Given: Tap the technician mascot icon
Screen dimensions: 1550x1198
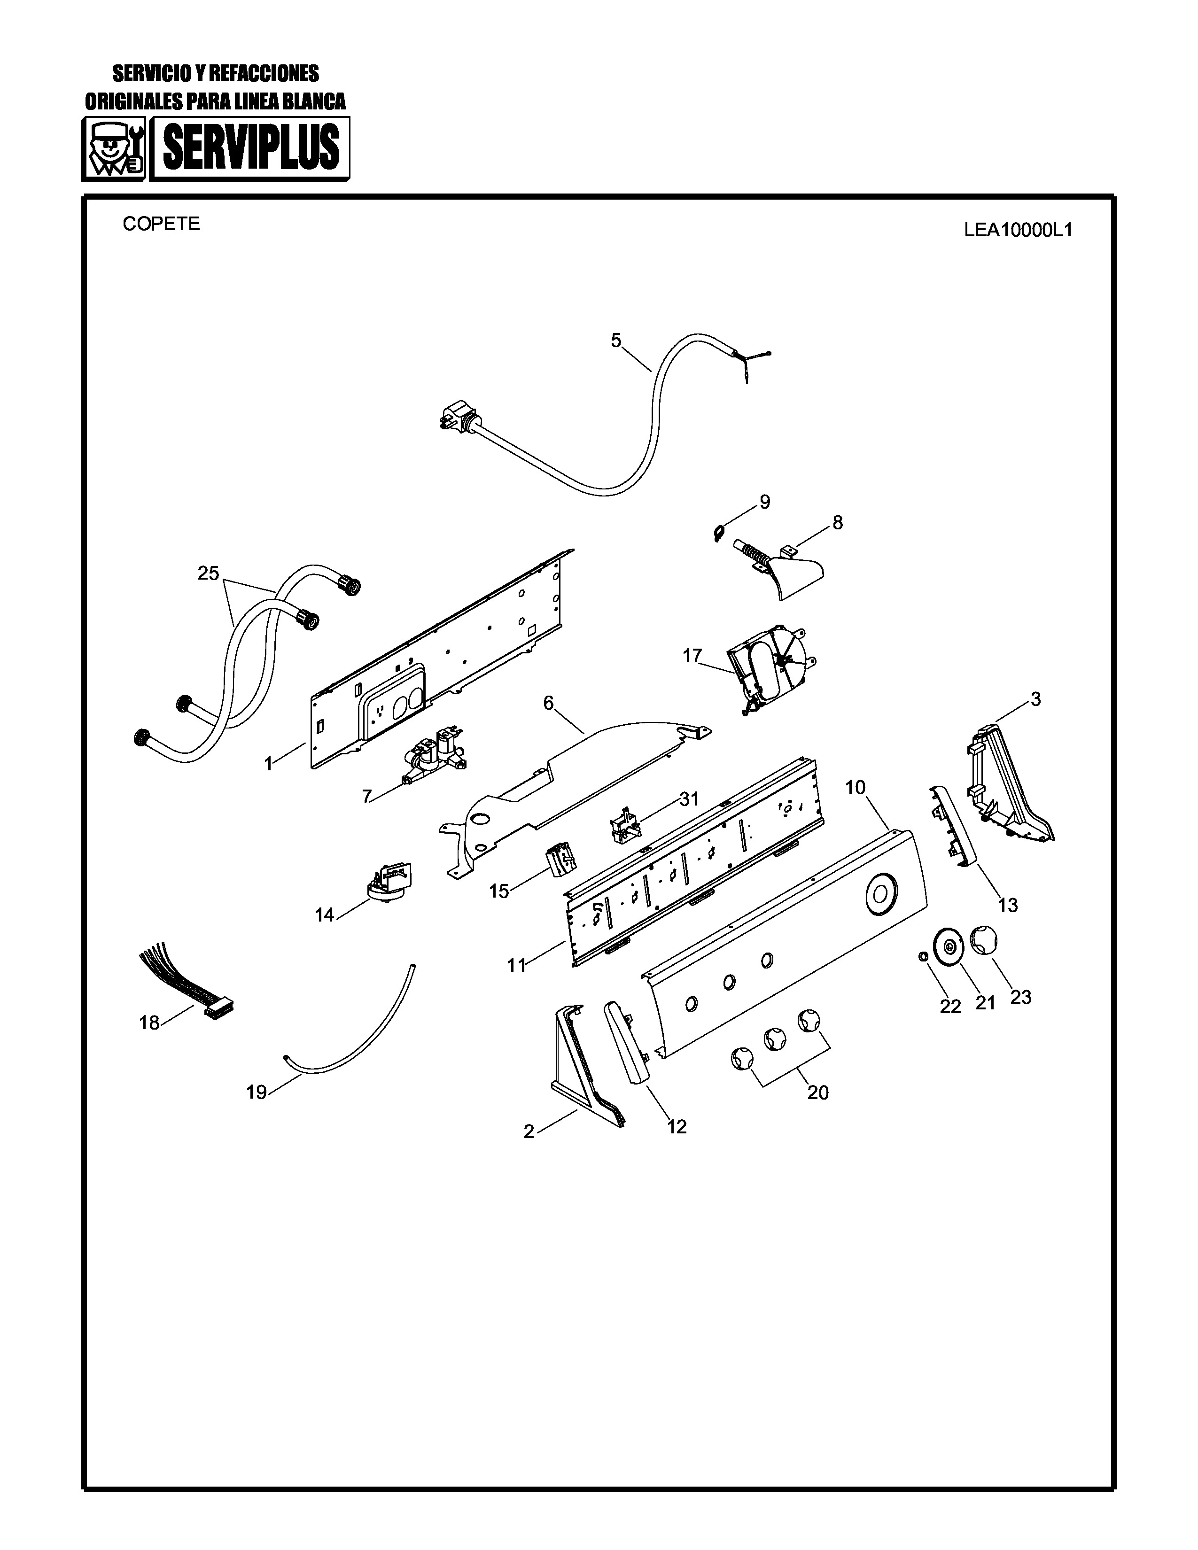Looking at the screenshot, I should (114, 149).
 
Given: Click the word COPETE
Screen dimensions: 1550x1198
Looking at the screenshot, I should (161, 224).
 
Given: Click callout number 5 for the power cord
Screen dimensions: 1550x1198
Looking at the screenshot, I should (615, 341).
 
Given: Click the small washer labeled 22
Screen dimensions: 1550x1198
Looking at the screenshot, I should (923, 957).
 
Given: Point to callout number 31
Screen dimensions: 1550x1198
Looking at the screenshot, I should (688, 799).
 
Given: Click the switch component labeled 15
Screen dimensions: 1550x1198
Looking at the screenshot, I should (560, 860).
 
